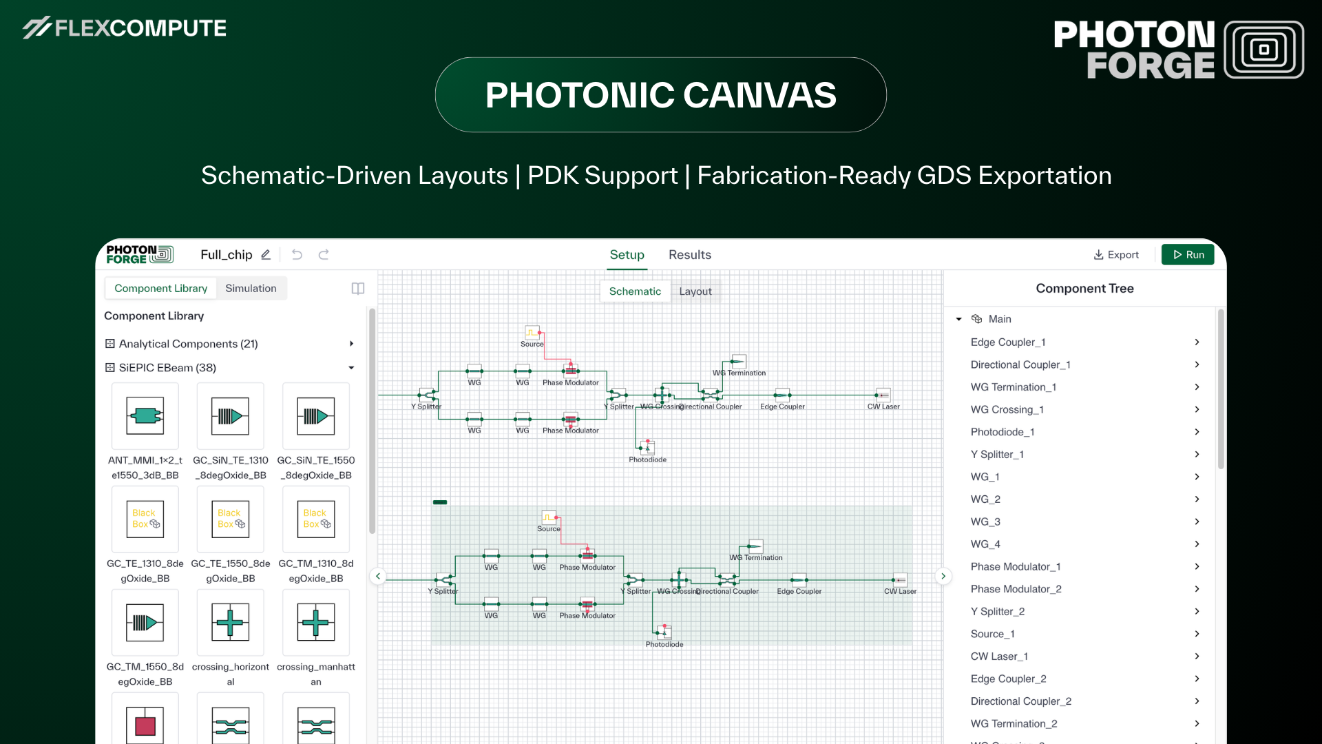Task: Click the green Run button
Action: coord(1188,255)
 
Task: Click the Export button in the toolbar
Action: coord(1116,255)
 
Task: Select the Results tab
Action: coord(689,255)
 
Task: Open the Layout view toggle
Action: coord(695,291)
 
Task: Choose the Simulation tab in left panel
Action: coord(251,289)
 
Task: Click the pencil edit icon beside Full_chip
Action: coord(266,255)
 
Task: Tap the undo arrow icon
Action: coord(297,255)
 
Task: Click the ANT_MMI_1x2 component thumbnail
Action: coord(145,416)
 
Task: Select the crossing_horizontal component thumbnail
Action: coord(230,623)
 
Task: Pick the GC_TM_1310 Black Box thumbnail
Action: coord(316,519)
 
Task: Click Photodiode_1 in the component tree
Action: coord(1002,432)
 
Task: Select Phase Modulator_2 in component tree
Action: coord(1016,589)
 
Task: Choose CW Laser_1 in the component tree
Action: coord(998,657)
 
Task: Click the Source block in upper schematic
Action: coord(532,333)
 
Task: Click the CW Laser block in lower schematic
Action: coord(899,580)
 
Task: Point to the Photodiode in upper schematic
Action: coord(647,448)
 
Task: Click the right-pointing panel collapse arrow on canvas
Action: coord(943,576)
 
